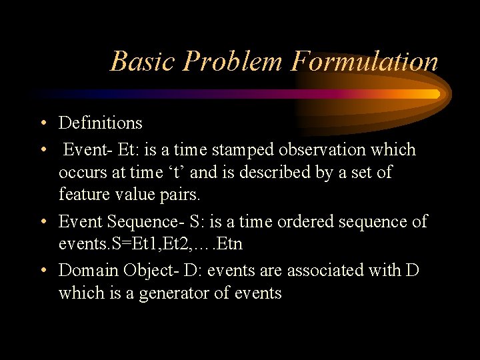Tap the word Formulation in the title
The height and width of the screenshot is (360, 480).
pyautogui.click(x=364, y=61)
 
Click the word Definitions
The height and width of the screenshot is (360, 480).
pyautogui.click(x=101, y=123)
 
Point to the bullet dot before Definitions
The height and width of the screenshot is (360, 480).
pyautogui.click(x=42, y=123)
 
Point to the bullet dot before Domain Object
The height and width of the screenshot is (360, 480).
pyautogui.click(x=42, y=271)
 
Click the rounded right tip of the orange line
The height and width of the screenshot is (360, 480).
pyautogui.click(x=437, y=94)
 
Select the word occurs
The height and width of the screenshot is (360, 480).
pyautogui.click(x=82, y=173)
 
